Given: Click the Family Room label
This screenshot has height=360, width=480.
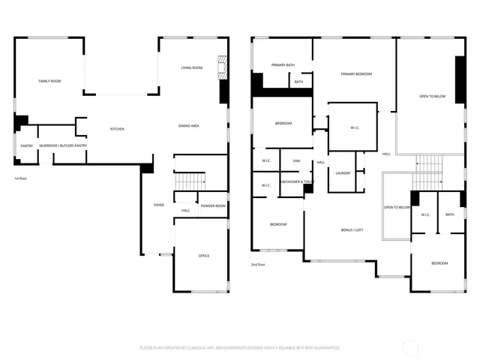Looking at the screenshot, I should pos(49,80).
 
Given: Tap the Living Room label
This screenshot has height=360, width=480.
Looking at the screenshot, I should pos(191,68).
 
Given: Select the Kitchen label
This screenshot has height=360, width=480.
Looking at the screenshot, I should pos(117,129).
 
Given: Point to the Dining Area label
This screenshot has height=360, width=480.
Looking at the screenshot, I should pos(188,125).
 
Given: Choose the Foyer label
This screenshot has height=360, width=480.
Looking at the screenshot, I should pos(159,205).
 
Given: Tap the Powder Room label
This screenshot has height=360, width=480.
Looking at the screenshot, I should pos(213,205).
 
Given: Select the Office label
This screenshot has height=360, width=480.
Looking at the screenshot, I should pos(203,256).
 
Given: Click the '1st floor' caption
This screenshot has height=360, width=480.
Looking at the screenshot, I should pos(21,178).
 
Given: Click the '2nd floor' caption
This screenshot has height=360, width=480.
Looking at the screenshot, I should pos(259,264).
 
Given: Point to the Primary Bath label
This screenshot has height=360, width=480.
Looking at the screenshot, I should pos(283,65).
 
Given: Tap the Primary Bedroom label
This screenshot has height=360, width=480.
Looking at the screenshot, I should pos(356,74).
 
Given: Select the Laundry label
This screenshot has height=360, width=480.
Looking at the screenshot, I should pos(343,173).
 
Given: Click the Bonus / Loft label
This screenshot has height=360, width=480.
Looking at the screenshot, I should pos(352,230).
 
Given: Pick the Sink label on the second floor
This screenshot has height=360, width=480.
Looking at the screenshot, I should pos(296,160).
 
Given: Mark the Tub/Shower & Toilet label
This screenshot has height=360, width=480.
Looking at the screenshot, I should pos(296,181).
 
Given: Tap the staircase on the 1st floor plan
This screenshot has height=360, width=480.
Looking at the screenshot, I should pos(190,181).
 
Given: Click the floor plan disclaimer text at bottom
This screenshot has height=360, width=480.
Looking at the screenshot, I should pos(239,348).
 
